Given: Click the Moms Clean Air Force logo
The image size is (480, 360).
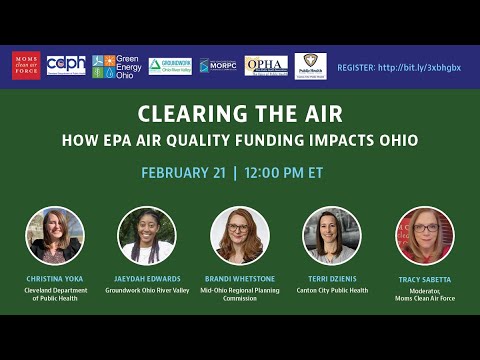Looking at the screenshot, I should (x=26, y=65).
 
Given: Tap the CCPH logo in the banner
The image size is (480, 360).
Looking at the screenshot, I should (x=66, y=65).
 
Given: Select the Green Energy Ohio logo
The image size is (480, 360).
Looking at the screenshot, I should (x=115, y=66).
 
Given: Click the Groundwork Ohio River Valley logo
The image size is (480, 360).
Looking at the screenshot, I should (x=170, y=66).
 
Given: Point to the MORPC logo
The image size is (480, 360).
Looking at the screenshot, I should (x=218, y=66).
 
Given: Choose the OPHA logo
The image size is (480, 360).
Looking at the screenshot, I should (x=266, y=66).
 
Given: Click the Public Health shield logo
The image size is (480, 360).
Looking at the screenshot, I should (x=310, y=66).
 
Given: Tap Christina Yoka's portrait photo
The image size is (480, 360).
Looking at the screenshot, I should (x=55, y=235).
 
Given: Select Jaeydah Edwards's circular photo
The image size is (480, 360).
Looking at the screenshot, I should (x=147, y=235).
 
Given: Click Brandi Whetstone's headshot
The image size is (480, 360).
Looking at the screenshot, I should (x=239, y=235).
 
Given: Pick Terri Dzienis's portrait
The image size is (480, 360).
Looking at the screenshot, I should (x=332, y=235).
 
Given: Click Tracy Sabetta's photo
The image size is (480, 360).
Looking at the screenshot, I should (x=425, y=235).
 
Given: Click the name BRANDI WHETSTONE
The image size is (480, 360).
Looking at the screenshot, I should (x=239, y=279).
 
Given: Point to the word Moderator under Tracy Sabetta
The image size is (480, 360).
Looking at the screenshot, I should (x=423, y=291).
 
